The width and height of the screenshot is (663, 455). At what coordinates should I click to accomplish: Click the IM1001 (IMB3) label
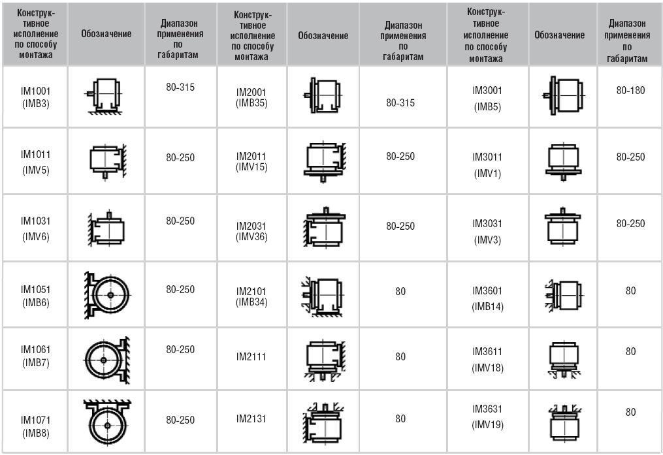click(x=35, y=97)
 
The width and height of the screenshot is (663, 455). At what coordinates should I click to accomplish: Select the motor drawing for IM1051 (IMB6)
click(x=108, y=295)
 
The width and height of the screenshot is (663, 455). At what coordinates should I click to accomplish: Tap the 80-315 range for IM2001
click(x=400, y=102)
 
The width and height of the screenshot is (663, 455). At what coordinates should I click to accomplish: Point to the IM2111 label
click(x=251, y=356)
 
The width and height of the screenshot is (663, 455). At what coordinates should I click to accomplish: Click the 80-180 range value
click(x=630, y=90)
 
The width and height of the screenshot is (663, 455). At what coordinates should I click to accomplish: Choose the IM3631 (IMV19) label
click(x=487, y=417)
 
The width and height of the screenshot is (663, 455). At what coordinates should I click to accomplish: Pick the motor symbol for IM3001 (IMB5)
click(x=563, y=95)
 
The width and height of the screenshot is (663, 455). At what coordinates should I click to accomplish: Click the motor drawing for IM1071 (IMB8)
click(x=107, y=421)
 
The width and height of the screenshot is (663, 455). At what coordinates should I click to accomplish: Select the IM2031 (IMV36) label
click(x=251, y=232)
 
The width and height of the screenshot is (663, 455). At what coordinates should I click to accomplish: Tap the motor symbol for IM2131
click(x=324, y=423)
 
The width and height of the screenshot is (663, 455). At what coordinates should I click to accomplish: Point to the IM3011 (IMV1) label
click(x=487, y=165)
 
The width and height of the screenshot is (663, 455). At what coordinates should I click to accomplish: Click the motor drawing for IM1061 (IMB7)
click(x=106, y=360)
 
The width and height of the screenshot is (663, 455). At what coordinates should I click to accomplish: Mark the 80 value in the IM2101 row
click(x=400, y=291)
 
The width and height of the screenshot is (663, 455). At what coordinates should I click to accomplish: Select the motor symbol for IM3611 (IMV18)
click(x=564, y=360)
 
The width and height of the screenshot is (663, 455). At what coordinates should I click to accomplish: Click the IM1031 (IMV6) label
click(x=35, y=228)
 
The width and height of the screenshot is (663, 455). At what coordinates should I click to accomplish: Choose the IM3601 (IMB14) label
click(x=487, y=299)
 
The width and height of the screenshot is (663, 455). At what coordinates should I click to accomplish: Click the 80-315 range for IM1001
click(x=180, y=87)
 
